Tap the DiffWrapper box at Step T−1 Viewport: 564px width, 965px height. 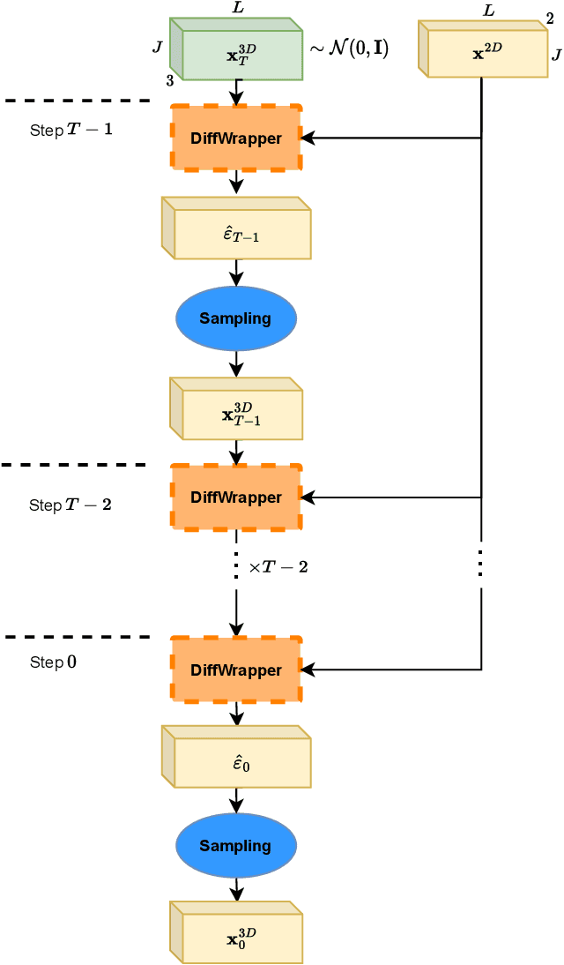(236, 138)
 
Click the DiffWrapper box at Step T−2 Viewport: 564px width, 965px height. (236, 497)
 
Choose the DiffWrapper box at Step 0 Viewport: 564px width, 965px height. (236, 670)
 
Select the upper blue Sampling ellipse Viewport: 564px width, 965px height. (235, 318)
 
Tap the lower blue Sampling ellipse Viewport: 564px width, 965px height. (235, 846)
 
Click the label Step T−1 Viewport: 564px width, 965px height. (70, 131)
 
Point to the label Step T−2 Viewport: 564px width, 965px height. (70, 505)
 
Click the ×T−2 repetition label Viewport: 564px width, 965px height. (278, 567)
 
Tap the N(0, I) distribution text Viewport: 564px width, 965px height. (349, 49)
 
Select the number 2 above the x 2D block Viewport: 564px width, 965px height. (551, 19)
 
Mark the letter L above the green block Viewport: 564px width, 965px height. (238, 8)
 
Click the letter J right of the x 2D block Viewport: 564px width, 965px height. (556, 56)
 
